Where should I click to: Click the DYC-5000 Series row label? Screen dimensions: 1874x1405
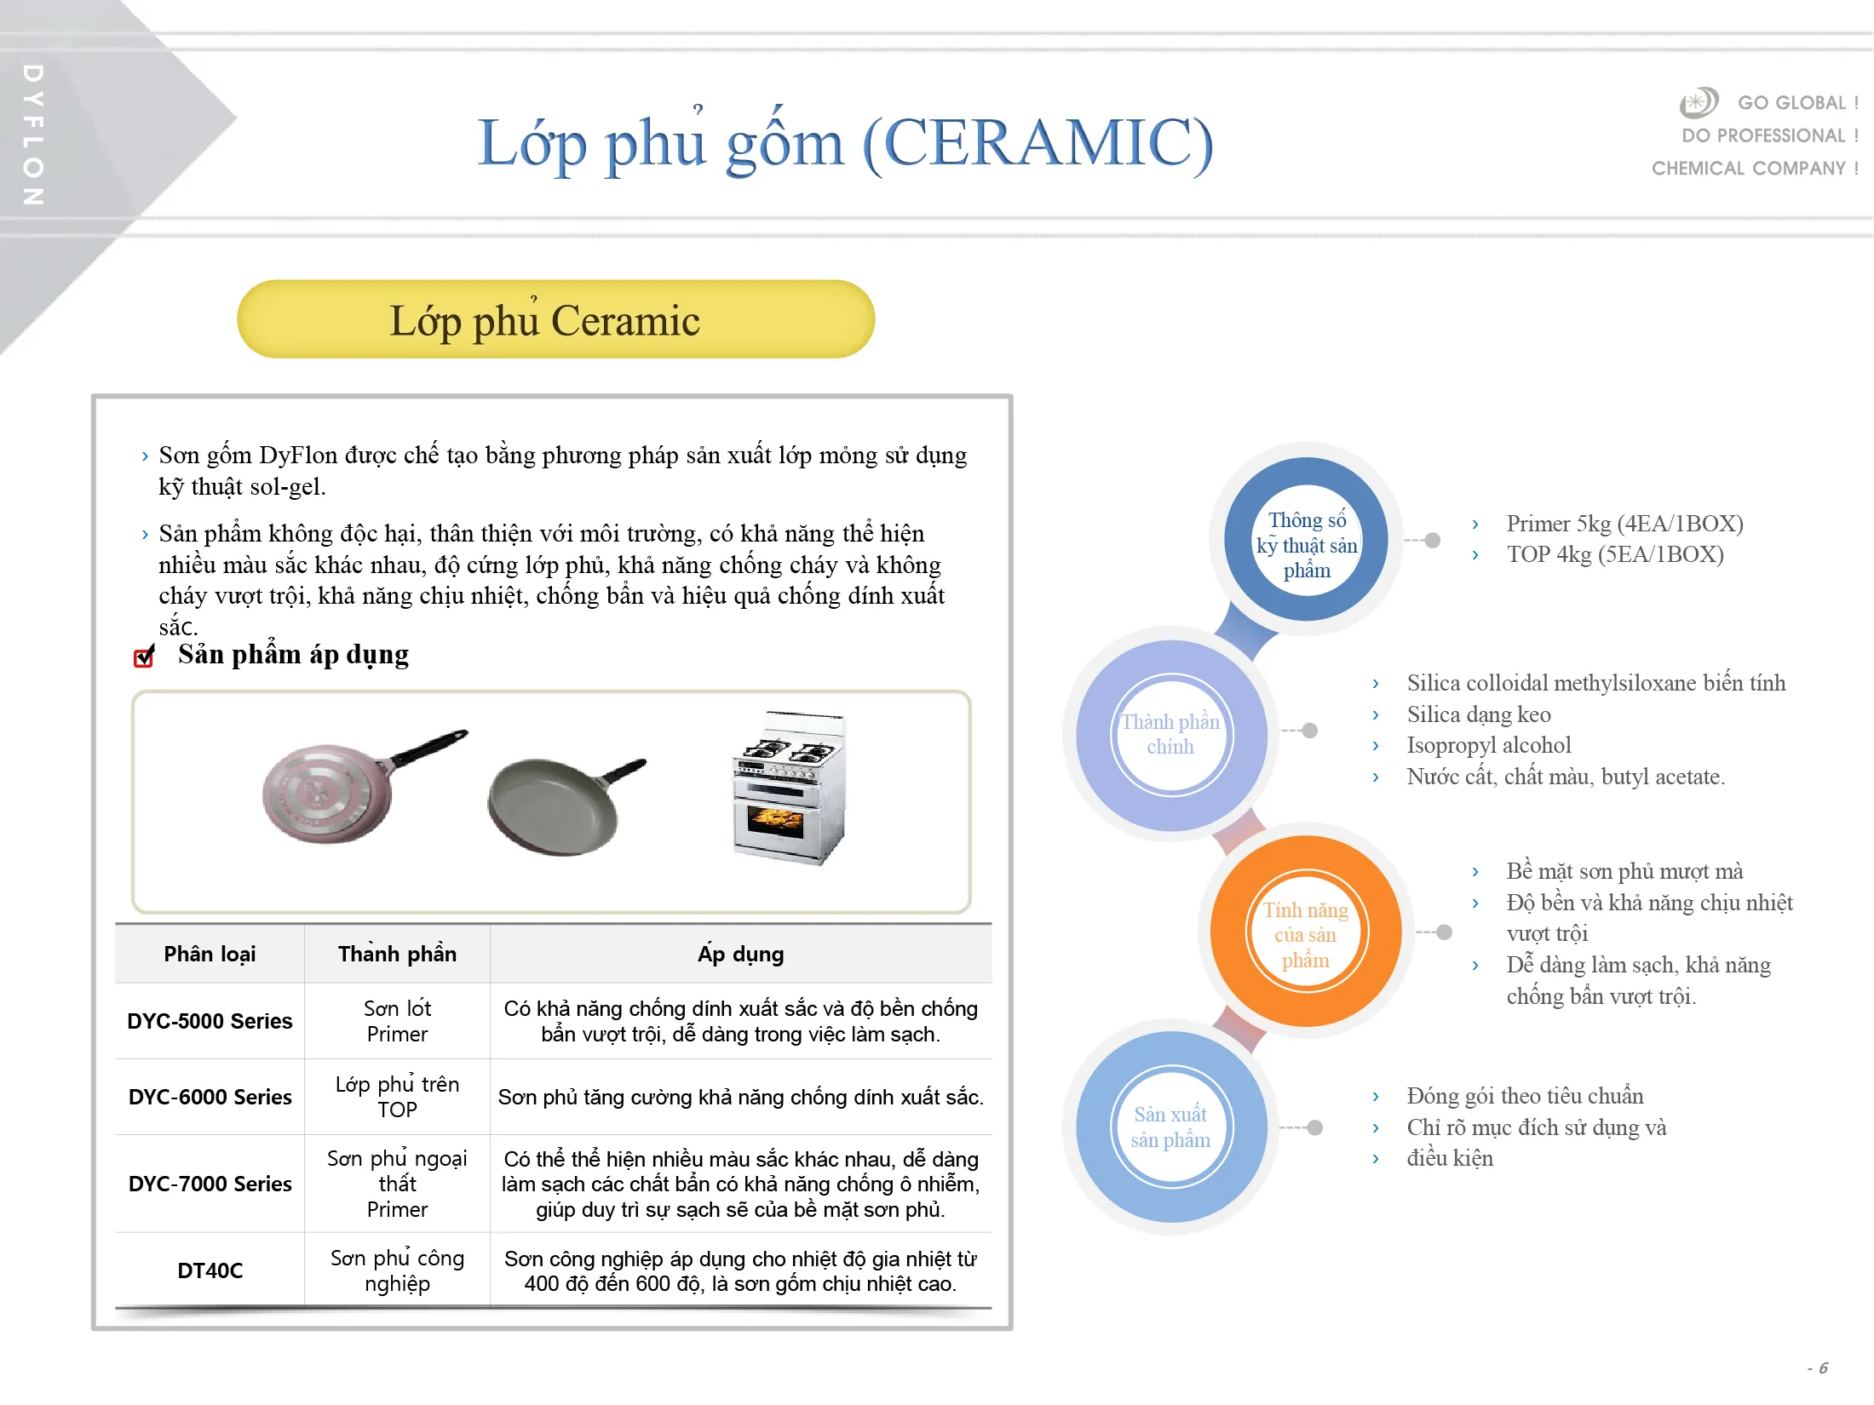tap(210, 1021)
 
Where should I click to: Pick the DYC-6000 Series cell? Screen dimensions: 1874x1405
tap(210, 1097)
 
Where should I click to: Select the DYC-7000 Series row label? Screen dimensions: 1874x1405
tap(210, 1184)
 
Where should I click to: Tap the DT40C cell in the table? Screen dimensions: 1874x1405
tap(210, 1270)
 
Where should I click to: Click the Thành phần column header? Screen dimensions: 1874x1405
tap(397, 954)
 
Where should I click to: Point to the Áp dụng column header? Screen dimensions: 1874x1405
tap(740, 954)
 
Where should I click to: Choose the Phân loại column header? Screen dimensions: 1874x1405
tap(210, 954)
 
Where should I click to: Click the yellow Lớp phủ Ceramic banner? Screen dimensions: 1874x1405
tap(555, 319)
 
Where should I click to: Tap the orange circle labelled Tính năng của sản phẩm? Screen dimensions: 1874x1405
tap(1305, 932)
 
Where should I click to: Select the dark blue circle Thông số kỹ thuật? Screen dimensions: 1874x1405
tap(1306, 539)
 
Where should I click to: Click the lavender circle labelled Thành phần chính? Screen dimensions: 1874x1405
tap(1171, 735)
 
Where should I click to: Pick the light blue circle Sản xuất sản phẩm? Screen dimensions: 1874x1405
tap(1171, 1127)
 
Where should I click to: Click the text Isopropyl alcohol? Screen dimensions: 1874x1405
tap(1488, 745)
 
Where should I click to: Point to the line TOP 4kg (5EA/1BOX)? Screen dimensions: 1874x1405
tap(1614, 554)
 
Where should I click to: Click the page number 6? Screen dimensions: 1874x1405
tap(1822, 1368)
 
